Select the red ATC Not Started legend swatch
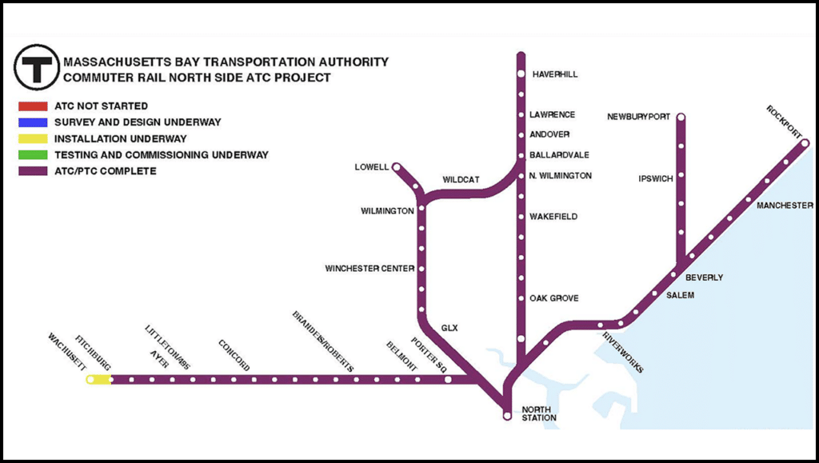(34, 106)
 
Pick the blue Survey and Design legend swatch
(34, 122)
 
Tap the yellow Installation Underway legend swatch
(34, 138)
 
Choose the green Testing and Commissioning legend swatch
(34, 154)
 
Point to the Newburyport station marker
(681, 118)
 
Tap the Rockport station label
(782, 121)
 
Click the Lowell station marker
(395, 167)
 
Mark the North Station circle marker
(506, 416)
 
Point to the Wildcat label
(461, 180)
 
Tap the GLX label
(449, 328)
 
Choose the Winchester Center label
(370, 268)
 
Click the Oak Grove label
(553, 298)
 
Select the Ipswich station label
(656, 178)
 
